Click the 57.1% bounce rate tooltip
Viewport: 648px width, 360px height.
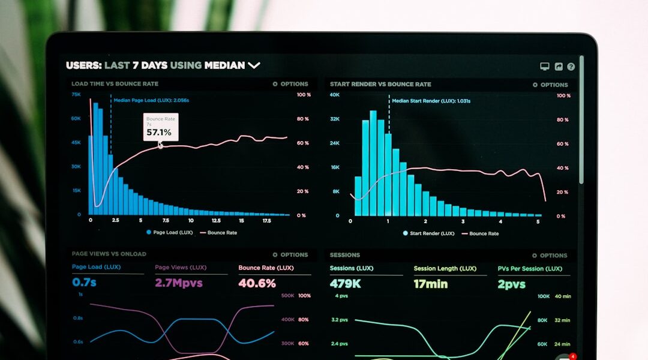161,127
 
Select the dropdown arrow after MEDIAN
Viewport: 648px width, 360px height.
254,65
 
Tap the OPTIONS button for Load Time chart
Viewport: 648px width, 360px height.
290,84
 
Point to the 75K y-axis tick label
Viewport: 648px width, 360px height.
76,95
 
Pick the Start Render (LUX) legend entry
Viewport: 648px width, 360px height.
428,233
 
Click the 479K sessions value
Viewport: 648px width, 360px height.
345,283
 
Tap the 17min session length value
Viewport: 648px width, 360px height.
431,283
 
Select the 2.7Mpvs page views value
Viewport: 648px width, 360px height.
179,283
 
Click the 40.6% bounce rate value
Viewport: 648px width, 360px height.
257,283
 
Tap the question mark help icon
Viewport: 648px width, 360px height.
571,67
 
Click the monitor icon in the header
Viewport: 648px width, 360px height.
545,67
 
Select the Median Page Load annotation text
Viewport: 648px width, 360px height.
151,100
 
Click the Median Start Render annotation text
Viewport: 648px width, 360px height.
431,101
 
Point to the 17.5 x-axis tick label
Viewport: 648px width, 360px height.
267,221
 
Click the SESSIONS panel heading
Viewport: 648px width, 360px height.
345,255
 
